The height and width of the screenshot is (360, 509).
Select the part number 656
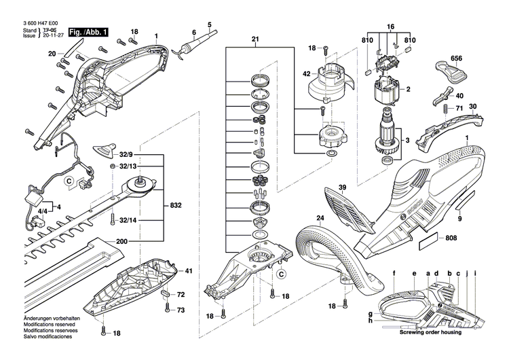(457, 59)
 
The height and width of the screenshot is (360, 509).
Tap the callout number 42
(307, 73)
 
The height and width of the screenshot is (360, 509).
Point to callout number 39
(343, 187)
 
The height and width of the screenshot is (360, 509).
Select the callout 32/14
(128, 221)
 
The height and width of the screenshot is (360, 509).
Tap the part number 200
(121, 241)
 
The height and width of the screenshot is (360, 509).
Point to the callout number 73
(181, 310)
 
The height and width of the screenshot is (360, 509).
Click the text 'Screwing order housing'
(430, 333)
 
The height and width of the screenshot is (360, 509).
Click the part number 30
(473, 106)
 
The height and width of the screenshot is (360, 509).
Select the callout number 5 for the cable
(209, 24)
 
